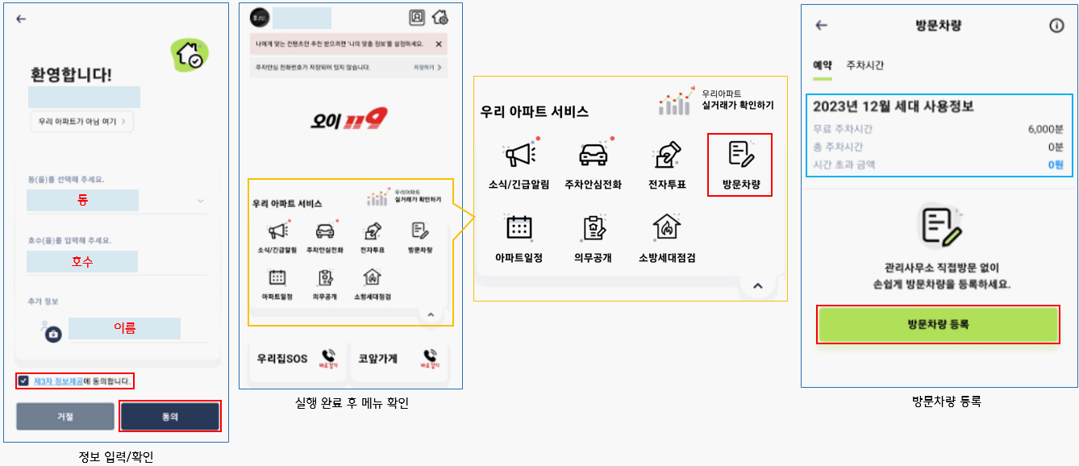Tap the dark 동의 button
170,416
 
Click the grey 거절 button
65,416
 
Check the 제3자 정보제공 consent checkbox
23,381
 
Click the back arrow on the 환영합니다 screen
21,19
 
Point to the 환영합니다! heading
71,75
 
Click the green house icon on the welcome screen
191,54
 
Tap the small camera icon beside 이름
53,333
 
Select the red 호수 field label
82,261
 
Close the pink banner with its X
438,44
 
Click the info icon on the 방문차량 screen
1056,26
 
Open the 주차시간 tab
864,65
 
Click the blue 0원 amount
1056,164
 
